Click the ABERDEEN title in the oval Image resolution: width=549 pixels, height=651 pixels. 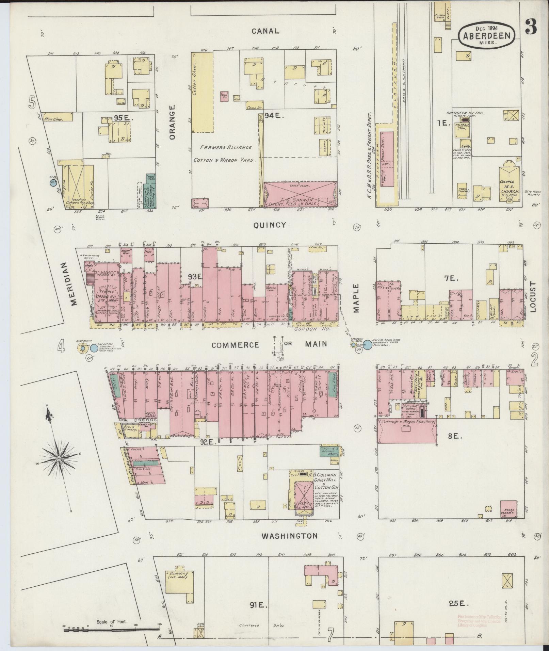pos(486,36)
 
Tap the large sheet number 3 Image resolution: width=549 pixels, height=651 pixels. pos(531,27)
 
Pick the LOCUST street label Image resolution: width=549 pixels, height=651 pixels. pos(533,297)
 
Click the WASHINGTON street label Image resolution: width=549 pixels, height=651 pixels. pos(289,536)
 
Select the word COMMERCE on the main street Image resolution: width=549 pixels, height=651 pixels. pos(235,345)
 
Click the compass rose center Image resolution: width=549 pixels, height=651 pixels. pos(59,459)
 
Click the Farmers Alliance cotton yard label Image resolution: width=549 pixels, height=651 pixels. pos(226,153)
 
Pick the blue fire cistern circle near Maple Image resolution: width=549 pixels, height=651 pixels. pos(368,345)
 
